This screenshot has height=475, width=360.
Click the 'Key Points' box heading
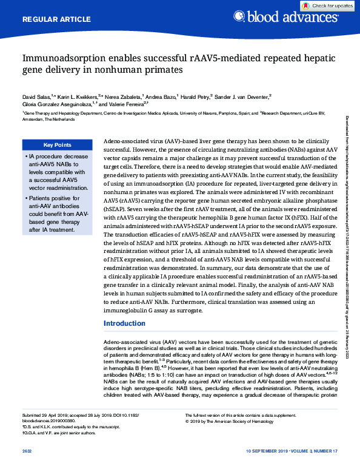click(x=58, y=145)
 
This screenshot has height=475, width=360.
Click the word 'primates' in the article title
click(x=162, y=70)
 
